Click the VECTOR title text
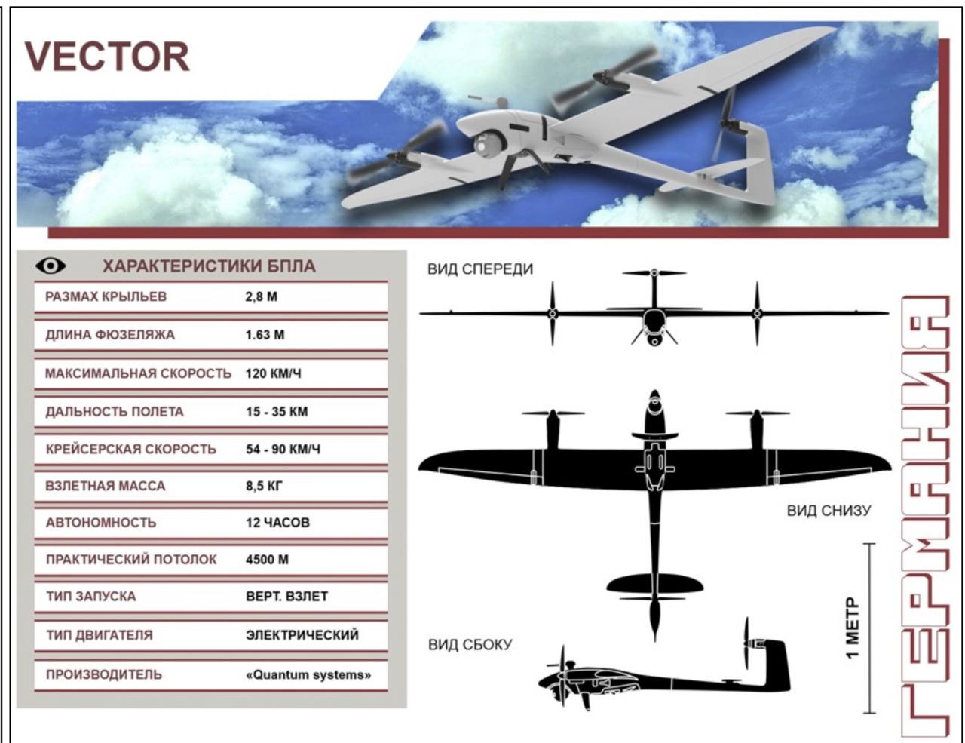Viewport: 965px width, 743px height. point(107,57)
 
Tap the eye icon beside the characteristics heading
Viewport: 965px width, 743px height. point(51,266)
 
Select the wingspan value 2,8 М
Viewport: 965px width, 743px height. point(261,296)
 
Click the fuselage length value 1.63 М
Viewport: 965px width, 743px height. point(265,334)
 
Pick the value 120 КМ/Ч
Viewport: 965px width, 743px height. point(273,373)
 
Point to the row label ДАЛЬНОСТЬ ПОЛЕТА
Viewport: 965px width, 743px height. point(115,412)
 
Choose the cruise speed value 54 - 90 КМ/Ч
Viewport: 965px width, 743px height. point(283,449)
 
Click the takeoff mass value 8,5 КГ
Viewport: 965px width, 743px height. point(264,486)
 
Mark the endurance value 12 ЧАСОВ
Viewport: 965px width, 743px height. point(277,523)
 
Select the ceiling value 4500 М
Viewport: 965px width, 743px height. point(267,560)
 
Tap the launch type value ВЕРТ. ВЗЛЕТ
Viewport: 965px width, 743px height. point(286,597)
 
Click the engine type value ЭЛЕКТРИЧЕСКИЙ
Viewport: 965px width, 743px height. point(302,635)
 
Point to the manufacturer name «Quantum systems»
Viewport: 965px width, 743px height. point(308,675)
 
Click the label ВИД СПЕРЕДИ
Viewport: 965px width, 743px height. point(480,269)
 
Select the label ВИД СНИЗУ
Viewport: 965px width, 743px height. point(829,511)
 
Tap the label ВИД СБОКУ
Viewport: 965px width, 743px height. point(470,645)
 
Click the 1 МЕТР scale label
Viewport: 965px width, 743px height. point(852,628)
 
